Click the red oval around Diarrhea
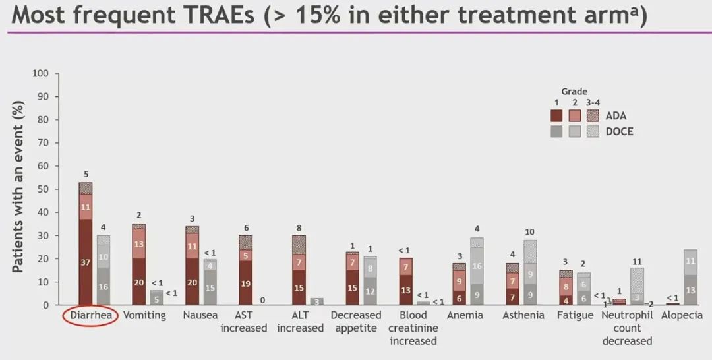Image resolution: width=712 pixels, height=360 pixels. click(90, 316)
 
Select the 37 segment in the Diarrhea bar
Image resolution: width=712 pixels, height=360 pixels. click(86, 262)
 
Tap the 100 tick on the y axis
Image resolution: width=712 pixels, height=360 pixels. click(40, 73)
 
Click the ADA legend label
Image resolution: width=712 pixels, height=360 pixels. click(617, 116)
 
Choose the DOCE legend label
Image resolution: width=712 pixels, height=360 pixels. click(620, 131)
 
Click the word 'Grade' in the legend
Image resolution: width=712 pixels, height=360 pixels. click(574, 92)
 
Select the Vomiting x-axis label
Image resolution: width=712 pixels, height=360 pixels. click(144, 315)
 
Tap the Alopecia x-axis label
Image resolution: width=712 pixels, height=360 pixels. click(682, 315)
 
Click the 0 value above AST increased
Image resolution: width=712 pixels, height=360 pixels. click(262, 300)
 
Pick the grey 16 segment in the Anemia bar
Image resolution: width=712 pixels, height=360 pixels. click(477, 266)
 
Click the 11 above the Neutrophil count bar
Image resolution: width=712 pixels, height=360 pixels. click(637, 262)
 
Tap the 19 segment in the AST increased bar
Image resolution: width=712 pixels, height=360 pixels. click(246, 284)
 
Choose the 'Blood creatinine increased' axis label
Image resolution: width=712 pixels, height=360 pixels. click(413, 328)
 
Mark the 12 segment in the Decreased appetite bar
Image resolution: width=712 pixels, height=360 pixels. click(370, 291)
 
